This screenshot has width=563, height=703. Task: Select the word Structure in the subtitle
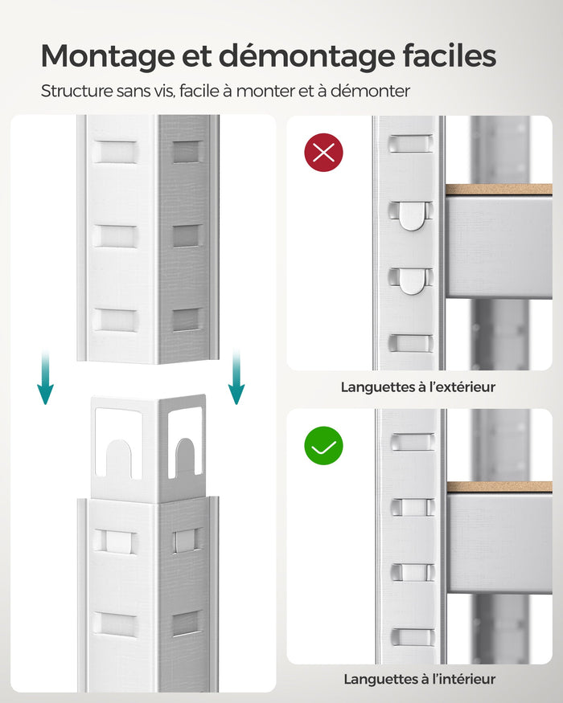[x=77, y=91]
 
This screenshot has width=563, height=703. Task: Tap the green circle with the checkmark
[x=323, y=445]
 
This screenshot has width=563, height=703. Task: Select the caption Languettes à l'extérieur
[x=418, y=387]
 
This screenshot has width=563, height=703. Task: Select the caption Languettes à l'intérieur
[x=420, y=680]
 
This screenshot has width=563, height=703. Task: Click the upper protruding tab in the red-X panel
[x=412, y=215]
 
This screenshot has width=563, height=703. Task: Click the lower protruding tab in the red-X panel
[x=412, y=280]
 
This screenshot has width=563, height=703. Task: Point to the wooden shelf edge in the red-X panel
[x=499, y=190]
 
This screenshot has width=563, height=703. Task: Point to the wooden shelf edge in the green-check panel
[x=499, y=487]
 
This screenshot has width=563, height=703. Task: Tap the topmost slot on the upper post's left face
[x=114, y=152]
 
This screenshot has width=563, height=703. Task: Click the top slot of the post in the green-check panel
[x=412, y=440]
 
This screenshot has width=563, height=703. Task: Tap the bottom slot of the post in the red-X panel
[x=412, y=343]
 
